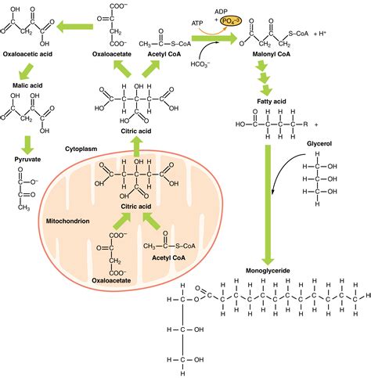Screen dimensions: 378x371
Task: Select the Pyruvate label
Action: coord(29,157)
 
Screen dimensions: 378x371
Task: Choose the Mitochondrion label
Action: coord(67,221)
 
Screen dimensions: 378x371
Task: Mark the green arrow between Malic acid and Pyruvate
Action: coord(28,142)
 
